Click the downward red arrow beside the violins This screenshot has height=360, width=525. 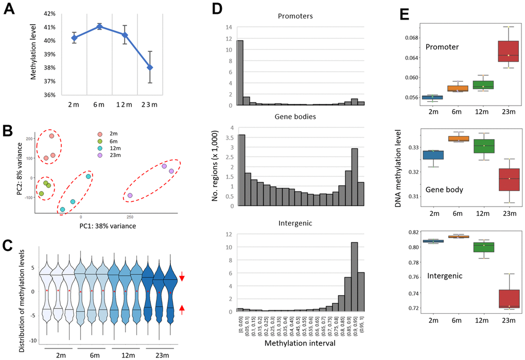(182, 279)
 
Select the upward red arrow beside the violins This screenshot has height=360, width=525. (182, 309)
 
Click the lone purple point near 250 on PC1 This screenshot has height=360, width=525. (130, 196)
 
